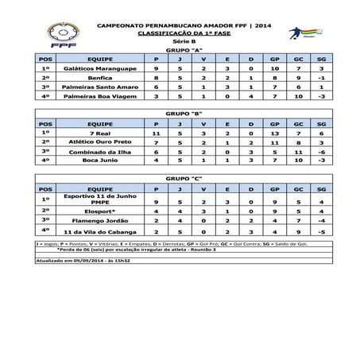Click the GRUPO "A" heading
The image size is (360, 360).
tap(181, 51)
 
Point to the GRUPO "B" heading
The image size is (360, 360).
tap(181, 114)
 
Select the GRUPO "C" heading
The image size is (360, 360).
tap(181, 179)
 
